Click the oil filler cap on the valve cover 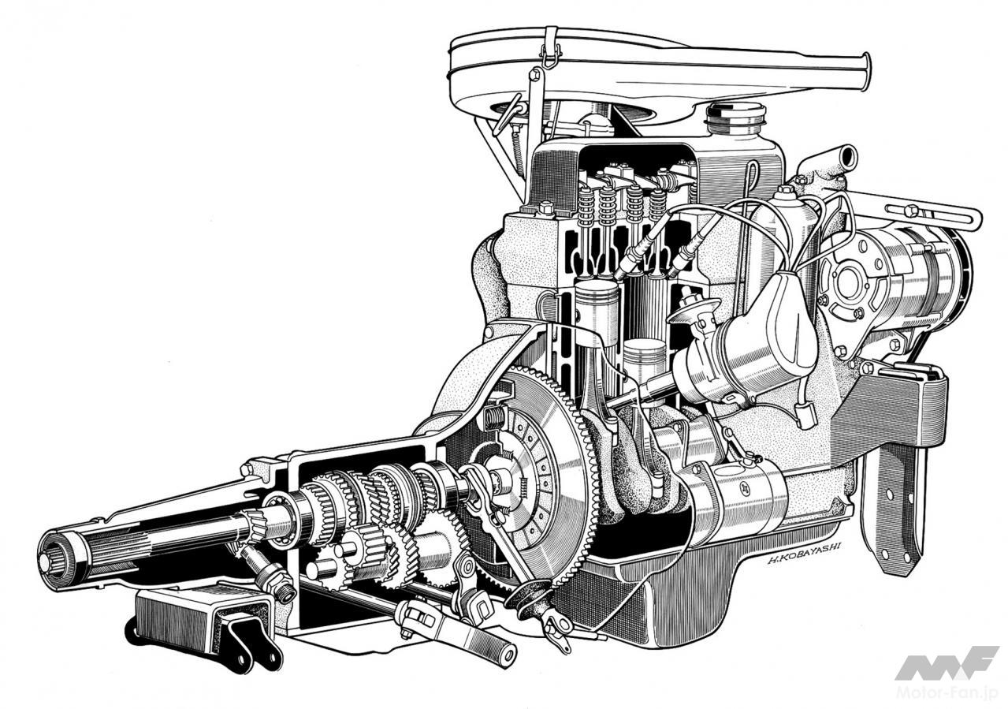(736, 118)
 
